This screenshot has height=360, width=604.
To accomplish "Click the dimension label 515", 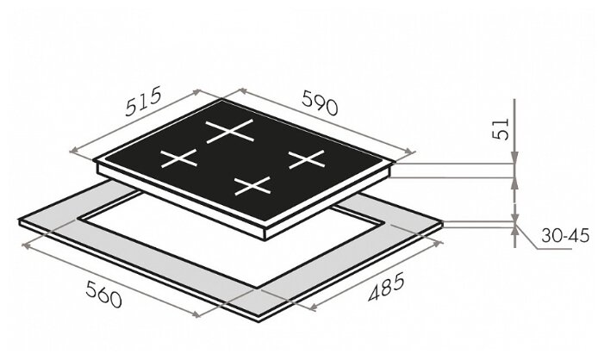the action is point(143,102).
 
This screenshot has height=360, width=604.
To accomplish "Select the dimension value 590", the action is point(320,102).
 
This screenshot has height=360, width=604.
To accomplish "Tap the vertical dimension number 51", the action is point(501,128).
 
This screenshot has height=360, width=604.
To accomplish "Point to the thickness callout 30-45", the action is point(565,235).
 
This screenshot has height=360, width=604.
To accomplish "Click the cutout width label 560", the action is point(103,295).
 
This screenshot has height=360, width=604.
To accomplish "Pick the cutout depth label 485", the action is point(386,287).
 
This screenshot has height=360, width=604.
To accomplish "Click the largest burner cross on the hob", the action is point(230,131).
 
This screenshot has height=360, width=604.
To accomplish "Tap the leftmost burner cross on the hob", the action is point(178,158).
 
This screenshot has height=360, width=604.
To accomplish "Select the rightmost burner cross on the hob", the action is point(307,159).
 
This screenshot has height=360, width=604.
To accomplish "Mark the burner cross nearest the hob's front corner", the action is point(252,186).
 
